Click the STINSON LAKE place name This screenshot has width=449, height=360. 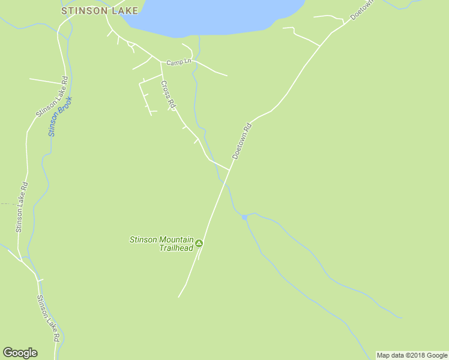click(x=100, y=10)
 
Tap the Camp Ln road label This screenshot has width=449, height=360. click(x=178, y=62)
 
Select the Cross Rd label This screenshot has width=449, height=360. click(x=168, y=95)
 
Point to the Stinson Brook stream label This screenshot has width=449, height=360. click(x=60, y=116)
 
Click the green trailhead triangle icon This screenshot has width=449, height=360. click(x=199, y=243)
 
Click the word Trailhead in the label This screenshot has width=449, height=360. click(x=176, y=248)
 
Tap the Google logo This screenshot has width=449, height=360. click(x=20, y=353)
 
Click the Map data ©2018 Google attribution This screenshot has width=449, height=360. click(x=412, y=355)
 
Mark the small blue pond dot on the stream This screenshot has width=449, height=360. click(x=244, y=217)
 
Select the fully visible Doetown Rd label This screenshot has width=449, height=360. click(x=241, y=141)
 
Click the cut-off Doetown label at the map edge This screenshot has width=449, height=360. click(x=363, y=10)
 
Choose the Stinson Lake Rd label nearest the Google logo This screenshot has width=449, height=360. click(x=47, y=318)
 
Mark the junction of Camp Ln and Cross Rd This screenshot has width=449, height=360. click(x=160, y=62)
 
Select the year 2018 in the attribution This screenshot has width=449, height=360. click(x=414, y=355)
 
